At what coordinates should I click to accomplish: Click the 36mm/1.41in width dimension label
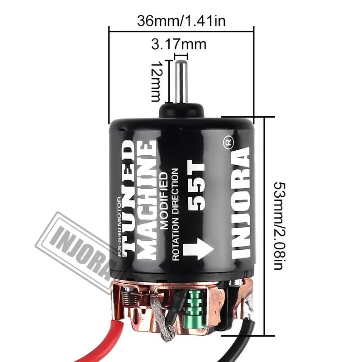[181, 21]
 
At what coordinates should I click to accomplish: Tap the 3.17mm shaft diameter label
[179, 45]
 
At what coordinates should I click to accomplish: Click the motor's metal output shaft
[182, 81]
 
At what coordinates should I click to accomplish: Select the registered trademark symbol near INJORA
[229, 142]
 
